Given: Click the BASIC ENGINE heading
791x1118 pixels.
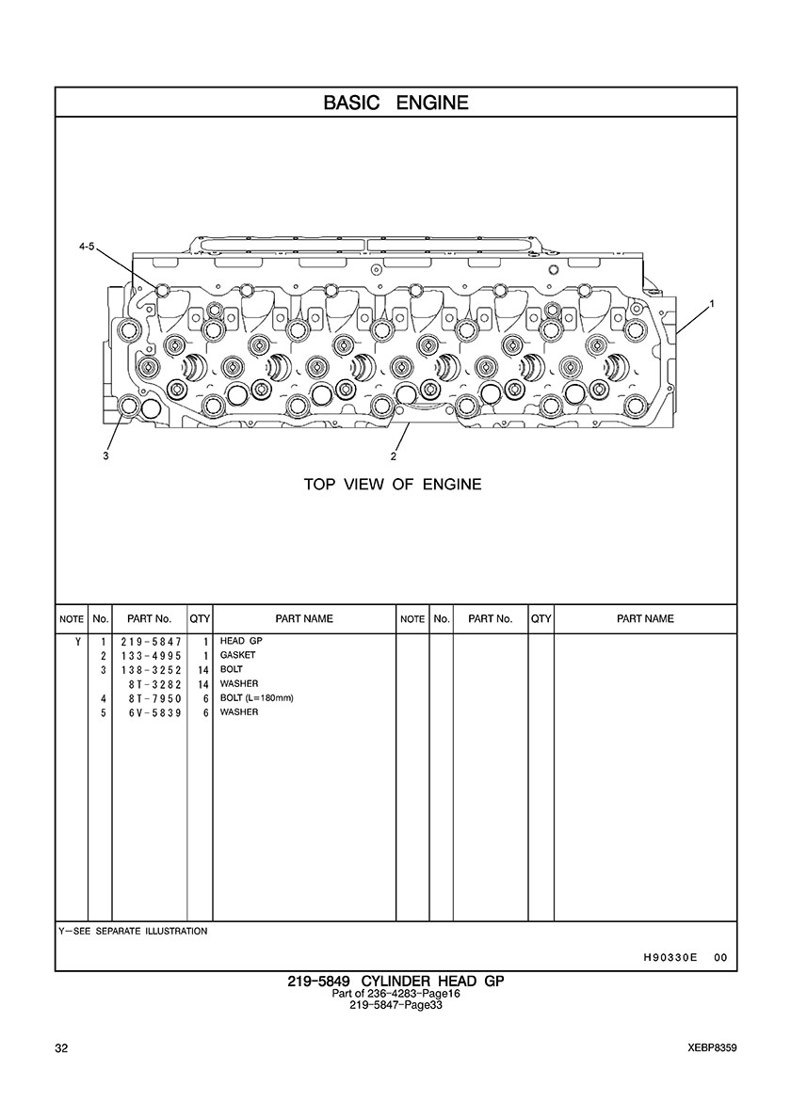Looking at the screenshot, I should pyautogui.click(x=395, y=103).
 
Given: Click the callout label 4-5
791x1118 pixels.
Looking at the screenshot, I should pyautogui.click(x=87, y=246).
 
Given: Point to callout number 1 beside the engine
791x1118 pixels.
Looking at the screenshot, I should pyautogui.click(x=712, y=303).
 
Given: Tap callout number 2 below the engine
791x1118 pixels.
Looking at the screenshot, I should pyautogui.click(x=393, y=456).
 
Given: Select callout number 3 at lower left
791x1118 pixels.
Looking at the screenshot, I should pyautogui.click(x=106, y=456).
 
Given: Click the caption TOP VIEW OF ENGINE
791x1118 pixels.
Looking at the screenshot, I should pyautogui.click(x=392, y=485).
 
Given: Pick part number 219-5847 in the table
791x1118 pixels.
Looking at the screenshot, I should pyautogui.click(x=150, y=641).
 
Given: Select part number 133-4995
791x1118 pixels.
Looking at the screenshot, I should pyautogui.click(x=150, y=655).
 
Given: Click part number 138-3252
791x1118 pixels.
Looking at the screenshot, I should pyautogui.click(x=150, y=669).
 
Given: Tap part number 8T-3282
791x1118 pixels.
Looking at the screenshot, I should pyautogui.click(x=153, y=683).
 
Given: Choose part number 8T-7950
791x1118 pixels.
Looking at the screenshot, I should pyautogui.click(x=153, y=698).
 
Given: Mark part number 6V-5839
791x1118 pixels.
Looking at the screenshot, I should pyautogui.click(x=153, y=712).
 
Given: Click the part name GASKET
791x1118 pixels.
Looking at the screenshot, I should pyautogui.click(x=238, y=655).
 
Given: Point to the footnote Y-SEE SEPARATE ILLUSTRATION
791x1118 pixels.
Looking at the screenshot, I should pyautogui.click(x=133, y=931).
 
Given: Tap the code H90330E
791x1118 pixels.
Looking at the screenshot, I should pyautogui.click(x=670, y=957).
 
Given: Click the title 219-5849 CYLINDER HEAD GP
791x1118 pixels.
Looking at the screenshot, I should pyautogui.click(x=395, y=982).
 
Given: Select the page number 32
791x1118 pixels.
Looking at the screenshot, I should pyautogui.click(x=62, y=1048).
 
